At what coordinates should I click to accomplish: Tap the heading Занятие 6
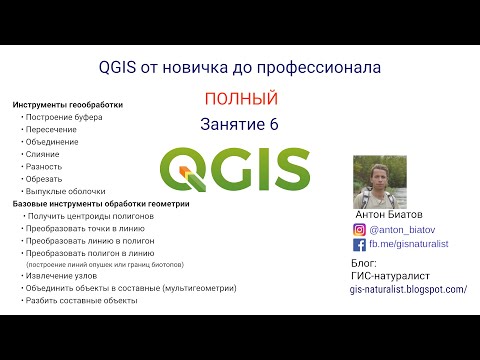pyautogui.click(x=240, y=124)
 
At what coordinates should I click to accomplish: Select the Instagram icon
pyautogui.click(x=360, y=229)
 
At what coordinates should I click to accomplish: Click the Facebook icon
pyautogui.click(x=360, y=244)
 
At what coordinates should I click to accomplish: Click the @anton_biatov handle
pyautogui.click(x=400, y=229)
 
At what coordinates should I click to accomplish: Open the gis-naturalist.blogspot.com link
pyautogui.click(x=408, y=289)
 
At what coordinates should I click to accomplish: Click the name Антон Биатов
pyautogui.click(x=391, y=214)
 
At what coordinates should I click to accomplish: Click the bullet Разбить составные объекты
pyautogui.click(x=83, y=300)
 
